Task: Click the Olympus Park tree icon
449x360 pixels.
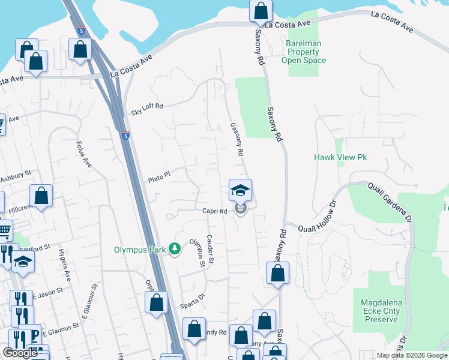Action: pos(175,248)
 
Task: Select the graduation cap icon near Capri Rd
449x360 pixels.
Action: pos(240,191)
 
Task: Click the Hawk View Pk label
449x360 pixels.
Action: pos(340,157)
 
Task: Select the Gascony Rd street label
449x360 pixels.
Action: pos(237,139)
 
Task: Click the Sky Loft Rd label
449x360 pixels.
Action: pos(147,110)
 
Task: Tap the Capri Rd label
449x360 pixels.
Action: pos(214,211)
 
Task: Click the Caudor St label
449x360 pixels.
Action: pos(210,250)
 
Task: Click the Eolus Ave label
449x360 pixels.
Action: pos(83,154)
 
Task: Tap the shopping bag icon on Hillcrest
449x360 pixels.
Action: pos(41,196)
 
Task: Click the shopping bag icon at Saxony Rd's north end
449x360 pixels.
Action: pos(261,10)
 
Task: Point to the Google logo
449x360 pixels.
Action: pos(20,353)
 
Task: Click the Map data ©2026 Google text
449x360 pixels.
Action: pos(412,355)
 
